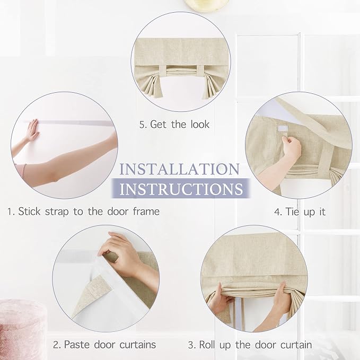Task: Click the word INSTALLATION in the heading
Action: (x=179, y=169)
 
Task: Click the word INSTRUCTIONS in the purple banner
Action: (x=181, y=189)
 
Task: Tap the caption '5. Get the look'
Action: (x=174, y=125)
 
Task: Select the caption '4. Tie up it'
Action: (x=300, y=212)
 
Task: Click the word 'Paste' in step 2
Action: (x=77, y=345)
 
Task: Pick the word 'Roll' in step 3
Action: (x=207, y=345)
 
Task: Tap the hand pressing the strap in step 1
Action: (x=32, y=130)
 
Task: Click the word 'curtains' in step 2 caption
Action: (x=138, y=345)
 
